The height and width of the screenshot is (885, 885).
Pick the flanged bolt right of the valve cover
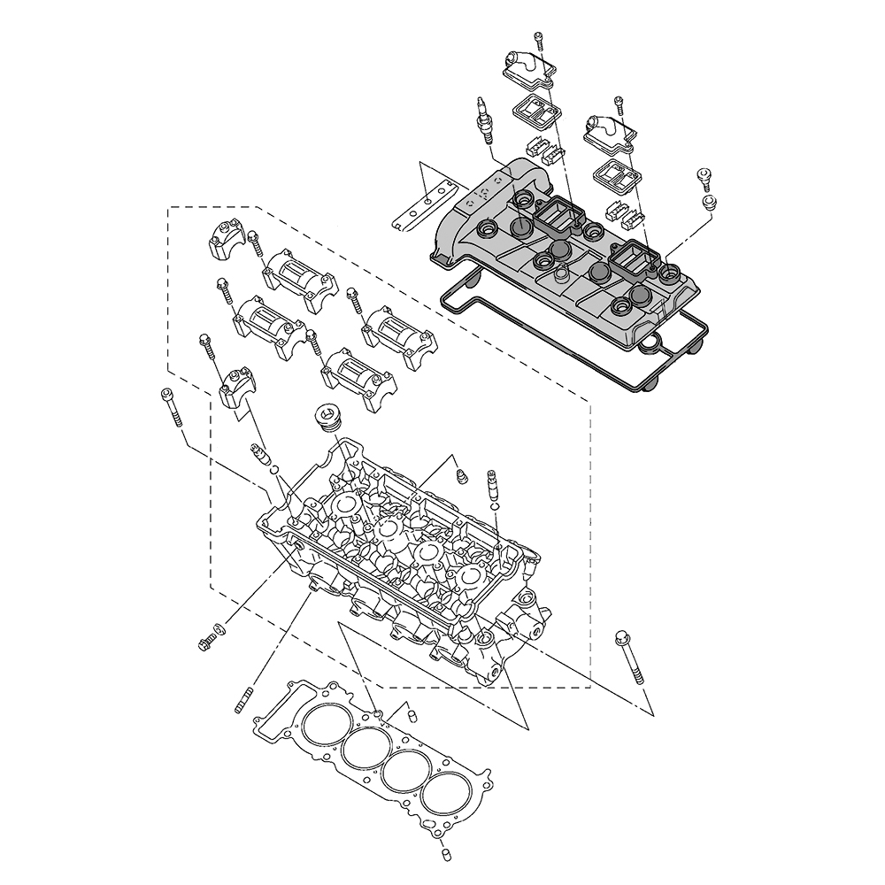[705, 176]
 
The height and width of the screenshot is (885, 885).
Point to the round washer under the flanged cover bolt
[708, 204]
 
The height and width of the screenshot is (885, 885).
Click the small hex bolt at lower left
[206, 640]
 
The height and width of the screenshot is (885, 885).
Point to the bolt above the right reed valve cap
[619, 104]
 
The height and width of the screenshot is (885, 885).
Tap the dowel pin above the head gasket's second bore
[410, 714]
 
